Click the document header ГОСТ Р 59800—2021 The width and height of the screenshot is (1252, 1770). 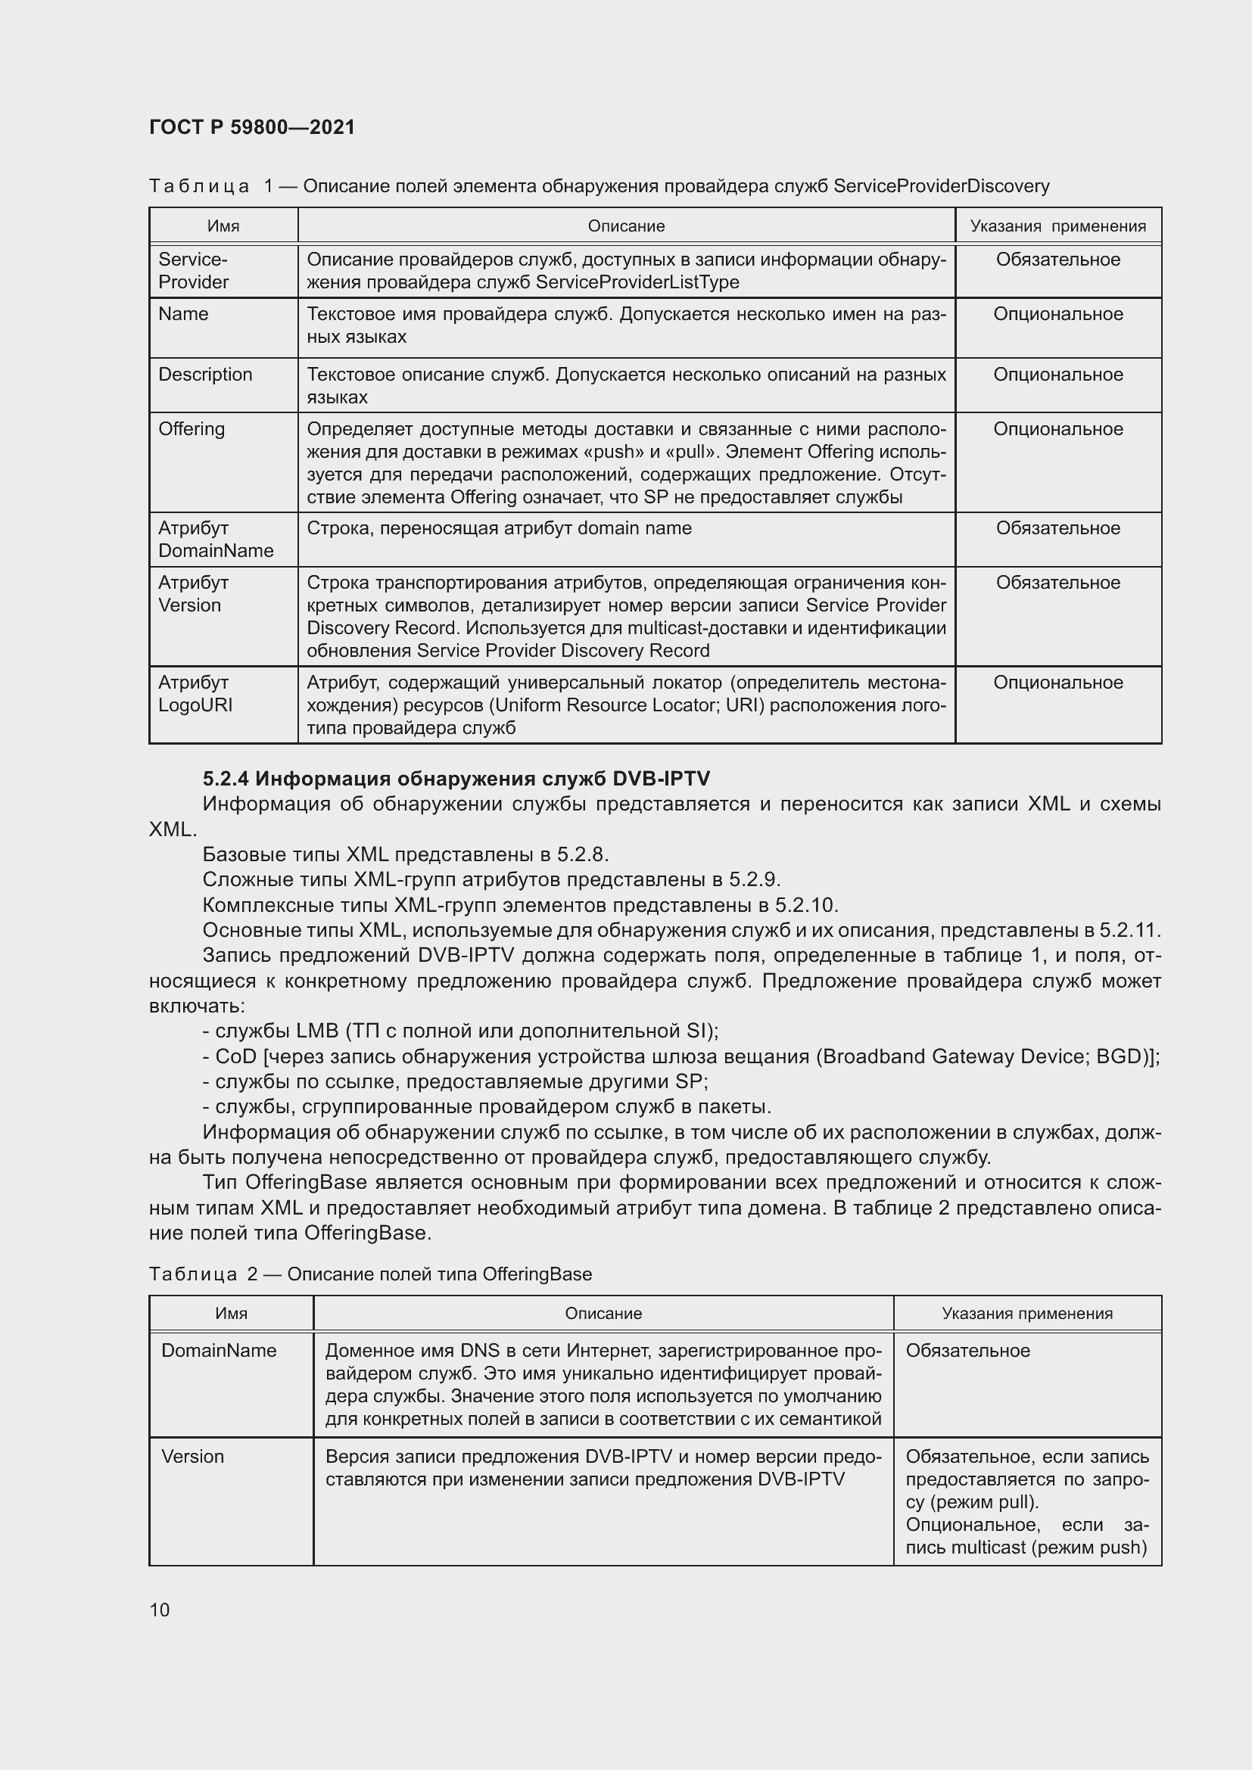252,127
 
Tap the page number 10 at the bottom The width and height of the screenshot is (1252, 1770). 160,1610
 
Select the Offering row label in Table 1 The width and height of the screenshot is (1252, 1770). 192,428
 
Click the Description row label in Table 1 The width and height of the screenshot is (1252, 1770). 205,375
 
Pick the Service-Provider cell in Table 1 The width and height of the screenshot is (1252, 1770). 194,271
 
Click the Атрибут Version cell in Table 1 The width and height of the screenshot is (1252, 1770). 193,593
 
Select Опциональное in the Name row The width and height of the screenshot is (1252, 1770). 1057,315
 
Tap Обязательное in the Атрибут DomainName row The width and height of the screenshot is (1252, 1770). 1057,528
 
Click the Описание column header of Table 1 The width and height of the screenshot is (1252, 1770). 626,226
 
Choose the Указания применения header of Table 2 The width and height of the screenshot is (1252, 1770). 1027,1314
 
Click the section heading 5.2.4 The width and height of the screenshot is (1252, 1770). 456,778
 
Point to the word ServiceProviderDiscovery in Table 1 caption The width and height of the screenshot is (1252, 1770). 942,186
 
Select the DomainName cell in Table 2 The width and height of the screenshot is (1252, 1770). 219,1351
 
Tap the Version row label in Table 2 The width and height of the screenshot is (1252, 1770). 193,1457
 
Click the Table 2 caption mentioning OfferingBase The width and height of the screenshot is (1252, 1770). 370,1274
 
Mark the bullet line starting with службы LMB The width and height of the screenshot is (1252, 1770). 460,1031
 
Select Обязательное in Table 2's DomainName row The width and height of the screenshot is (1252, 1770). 967,1351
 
